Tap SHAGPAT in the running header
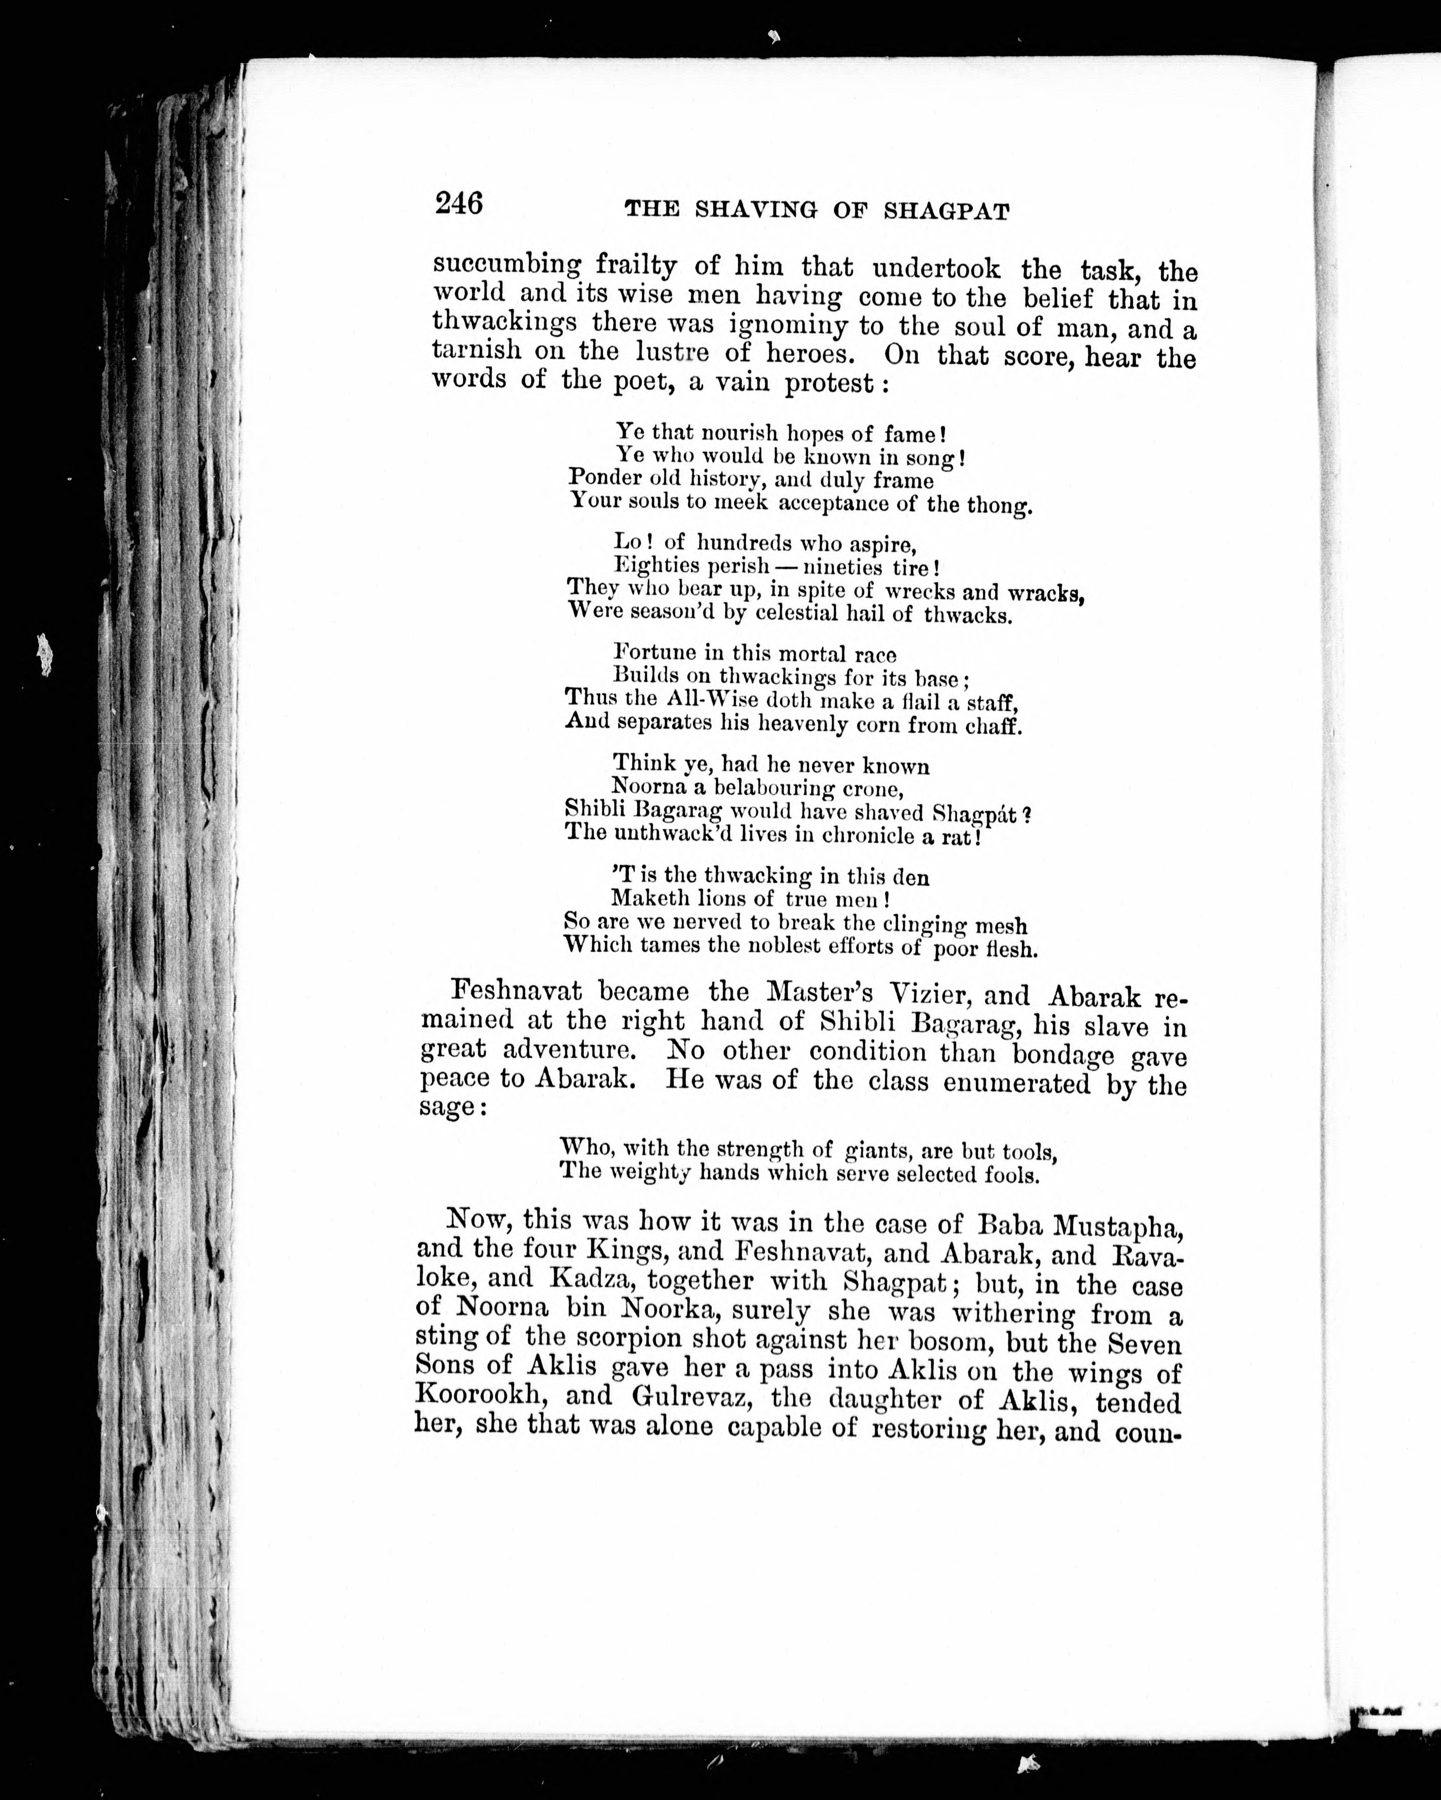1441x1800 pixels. (x=946, y=212)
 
